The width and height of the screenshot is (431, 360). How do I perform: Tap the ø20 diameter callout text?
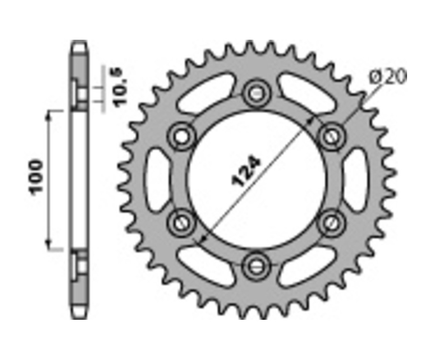tap(388, 77)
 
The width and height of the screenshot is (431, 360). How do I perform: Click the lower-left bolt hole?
tap(181, 223)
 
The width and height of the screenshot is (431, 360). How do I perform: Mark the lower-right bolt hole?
tap(331, 223)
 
